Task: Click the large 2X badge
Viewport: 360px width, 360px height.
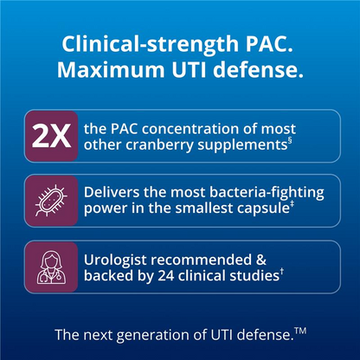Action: [x=51, y=136]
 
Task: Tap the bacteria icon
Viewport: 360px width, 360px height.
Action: [x=51, y=201]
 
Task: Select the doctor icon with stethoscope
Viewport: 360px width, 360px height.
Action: [x=51, y=267]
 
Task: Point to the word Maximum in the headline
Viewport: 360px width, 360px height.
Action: [x=111, y=69]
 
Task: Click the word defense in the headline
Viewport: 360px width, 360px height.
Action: [x=259, y=69]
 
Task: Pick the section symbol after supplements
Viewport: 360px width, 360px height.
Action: [x=290, y=141]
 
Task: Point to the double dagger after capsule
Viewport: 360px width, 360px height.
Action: [x=292, y=204]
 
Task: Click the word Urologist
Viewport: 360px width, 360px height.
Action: [x=116, y=260]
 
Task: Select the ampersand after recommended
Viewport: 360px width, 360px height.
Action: [x=260, y=260]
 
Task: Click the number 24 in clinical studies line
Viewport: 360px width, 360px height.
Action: [x=166, y=276]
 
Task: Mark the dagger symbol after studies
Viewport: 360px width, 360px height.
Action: [x=282, y=272]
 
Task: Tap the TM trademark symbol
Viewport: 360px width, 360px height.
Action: [x=300, y=331]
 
